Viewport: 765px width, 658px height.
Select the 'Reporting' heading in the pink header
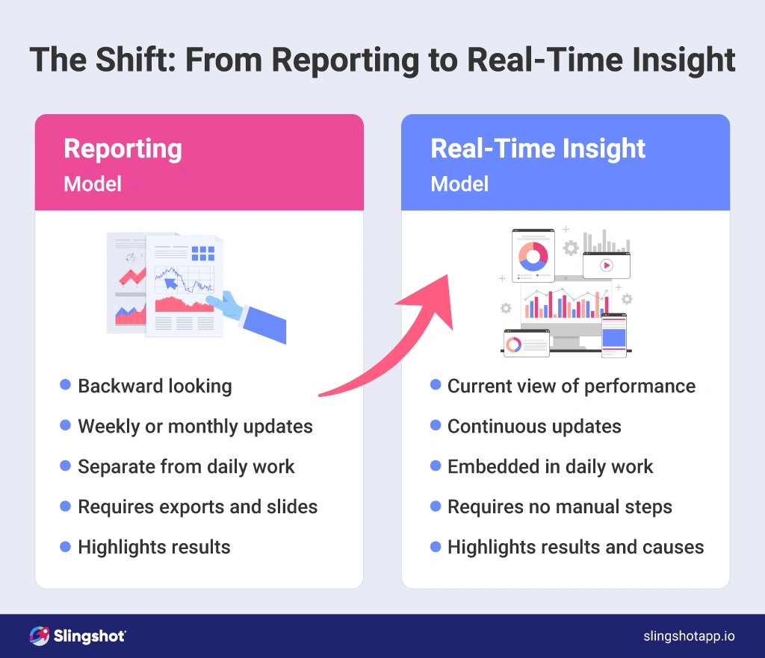tap(123, 148)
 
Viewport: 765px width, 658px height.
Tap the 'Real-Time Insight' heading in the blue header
tap(538, 148)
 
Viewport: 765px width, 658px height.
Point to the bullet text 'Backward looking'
tap(155, 386)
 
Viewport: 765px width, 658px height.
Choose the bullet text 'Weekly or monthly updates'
tap(195, 426)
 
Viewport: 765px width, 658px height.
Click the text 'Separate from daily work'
tap(186, 466)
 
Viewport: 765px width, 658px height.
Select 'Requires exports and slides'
tap(197, 507)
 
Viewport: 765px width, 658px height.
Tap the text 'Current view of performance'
tap(571, 386)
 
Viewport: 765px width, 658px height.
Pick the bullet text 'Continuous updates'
tap(534, 426)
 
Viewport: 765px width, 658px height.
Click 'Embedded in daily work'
tap(550, 466)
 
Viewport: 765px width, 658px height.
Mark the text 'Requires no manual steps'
tap(560, 507)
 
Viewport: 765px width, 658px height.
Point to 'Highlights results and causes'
tap(575, 547)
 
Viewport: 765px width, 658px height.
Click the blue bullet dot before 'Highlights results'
tap(65, 546)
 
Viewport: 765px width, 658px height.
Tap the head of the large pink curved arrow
tap(437, 295)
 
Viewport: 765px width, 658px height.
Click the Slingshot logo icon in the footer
tap(39, 636)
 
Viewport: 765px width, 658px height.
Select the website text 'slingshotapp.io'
tap(689, 636)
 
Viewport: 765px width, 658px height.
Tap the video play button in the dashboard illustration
tap(606, 265)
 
